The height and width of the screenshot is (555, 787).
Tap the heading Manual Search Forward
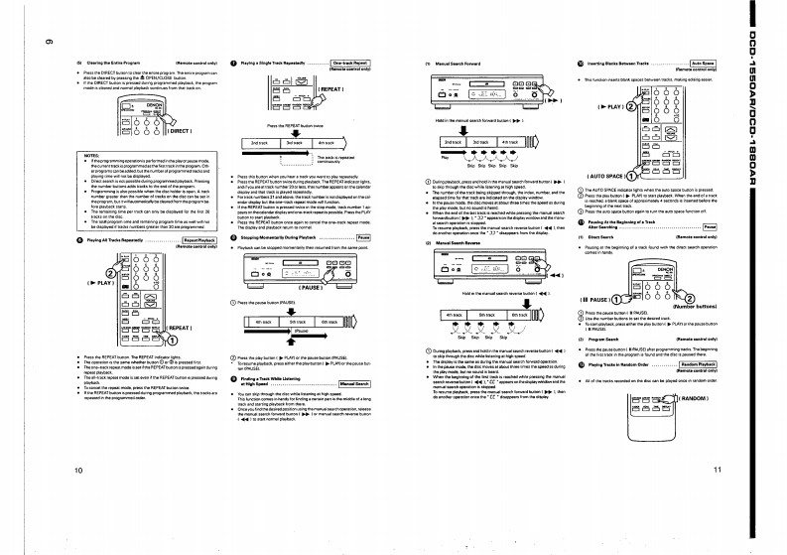(x=454, y=62)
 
